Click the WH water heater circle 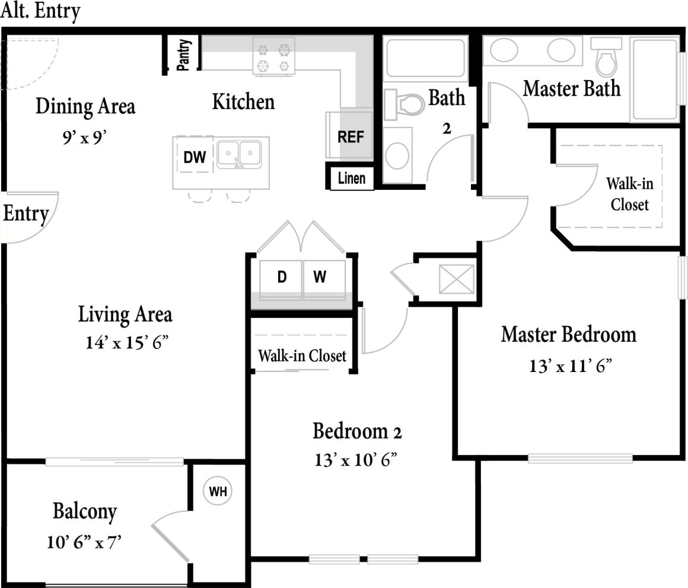point(218,491)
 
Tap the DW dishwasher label point(195,157)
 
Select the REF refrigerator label point(350,136)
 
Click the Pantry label point(184,55)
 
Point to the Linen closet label point(352,177)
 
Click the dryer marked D point(282,276)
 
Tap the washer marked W point(320,276)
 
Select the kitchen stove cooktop point(274,56)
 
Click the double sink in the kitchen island point(239,154)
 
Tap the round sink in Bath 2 point(397,155)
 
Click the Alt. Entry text point(40,11)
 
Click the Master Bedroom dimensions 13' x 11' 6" point(570,365)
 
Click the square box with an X point(457,279)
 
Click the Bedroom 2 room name point(357,431)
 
